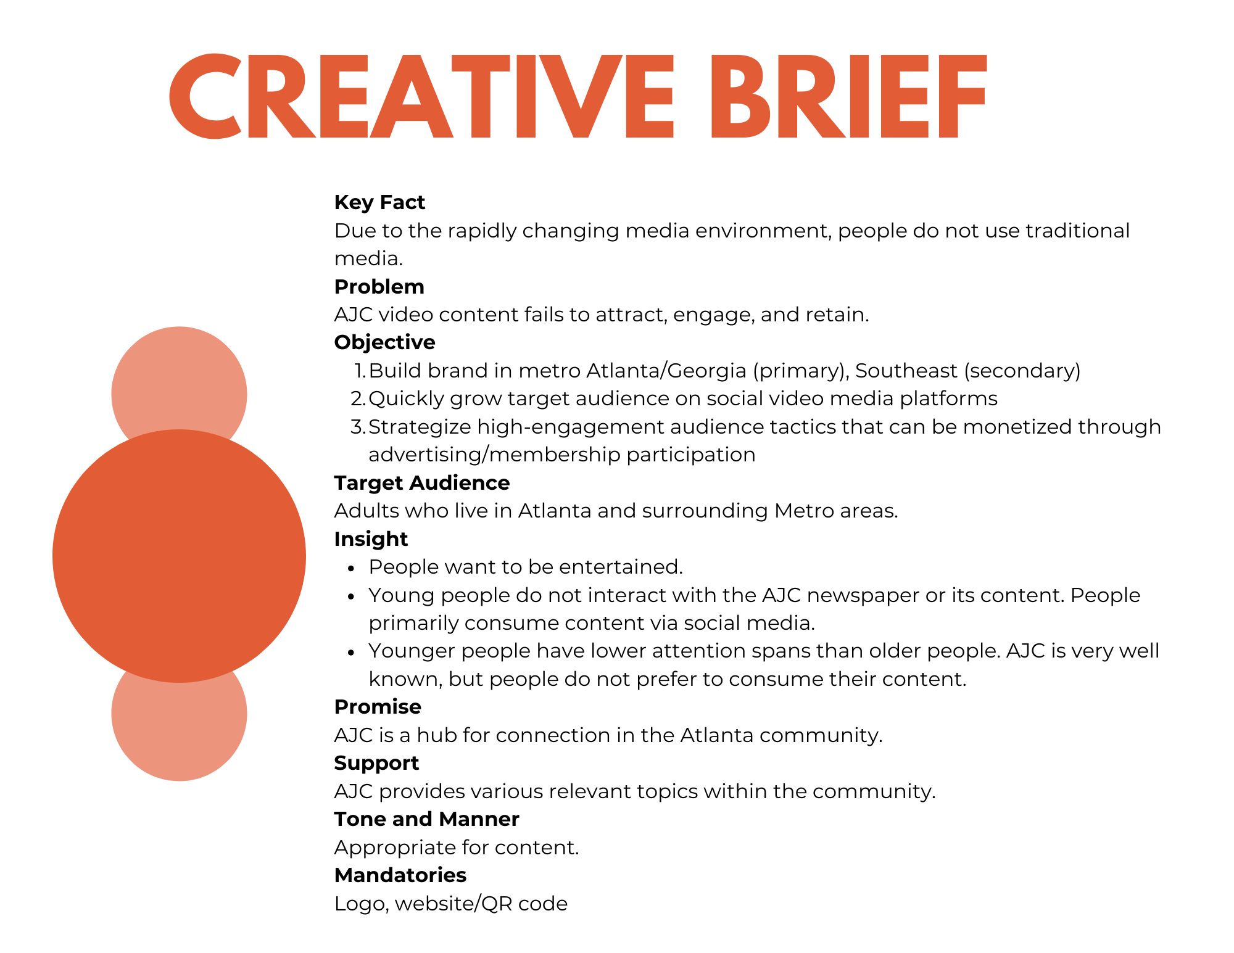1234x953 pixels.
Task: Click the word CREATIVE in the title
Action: click(422, 96)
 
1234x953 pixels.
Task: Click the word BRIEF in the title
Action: click(849, 96)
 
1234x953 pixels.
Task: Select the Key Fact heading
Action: click(379, 202)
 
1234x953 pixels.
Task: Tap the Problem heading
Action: click(379, 287)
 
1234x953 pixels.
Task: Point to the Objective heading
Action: click(385, 343)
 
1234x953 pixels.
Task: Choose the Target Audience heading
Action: click(422, 483)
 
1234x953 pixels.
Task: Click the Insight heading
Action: click(371, 540)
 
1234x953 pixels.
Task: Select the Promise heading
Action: click(378, 707)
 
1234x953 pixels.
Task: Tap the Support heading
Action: click(376, 764)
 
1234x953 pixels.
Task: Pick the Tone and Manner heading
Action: click(427, 819)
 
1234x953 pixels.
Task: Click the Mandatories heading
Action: click(400, 875)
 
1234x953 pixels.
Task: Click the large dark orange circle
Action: click(179, 556)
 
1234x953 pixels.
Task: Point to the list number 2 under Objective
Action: click(358, 398)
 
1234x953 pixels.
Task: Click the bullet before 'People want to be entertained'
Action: click(351, 568)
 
